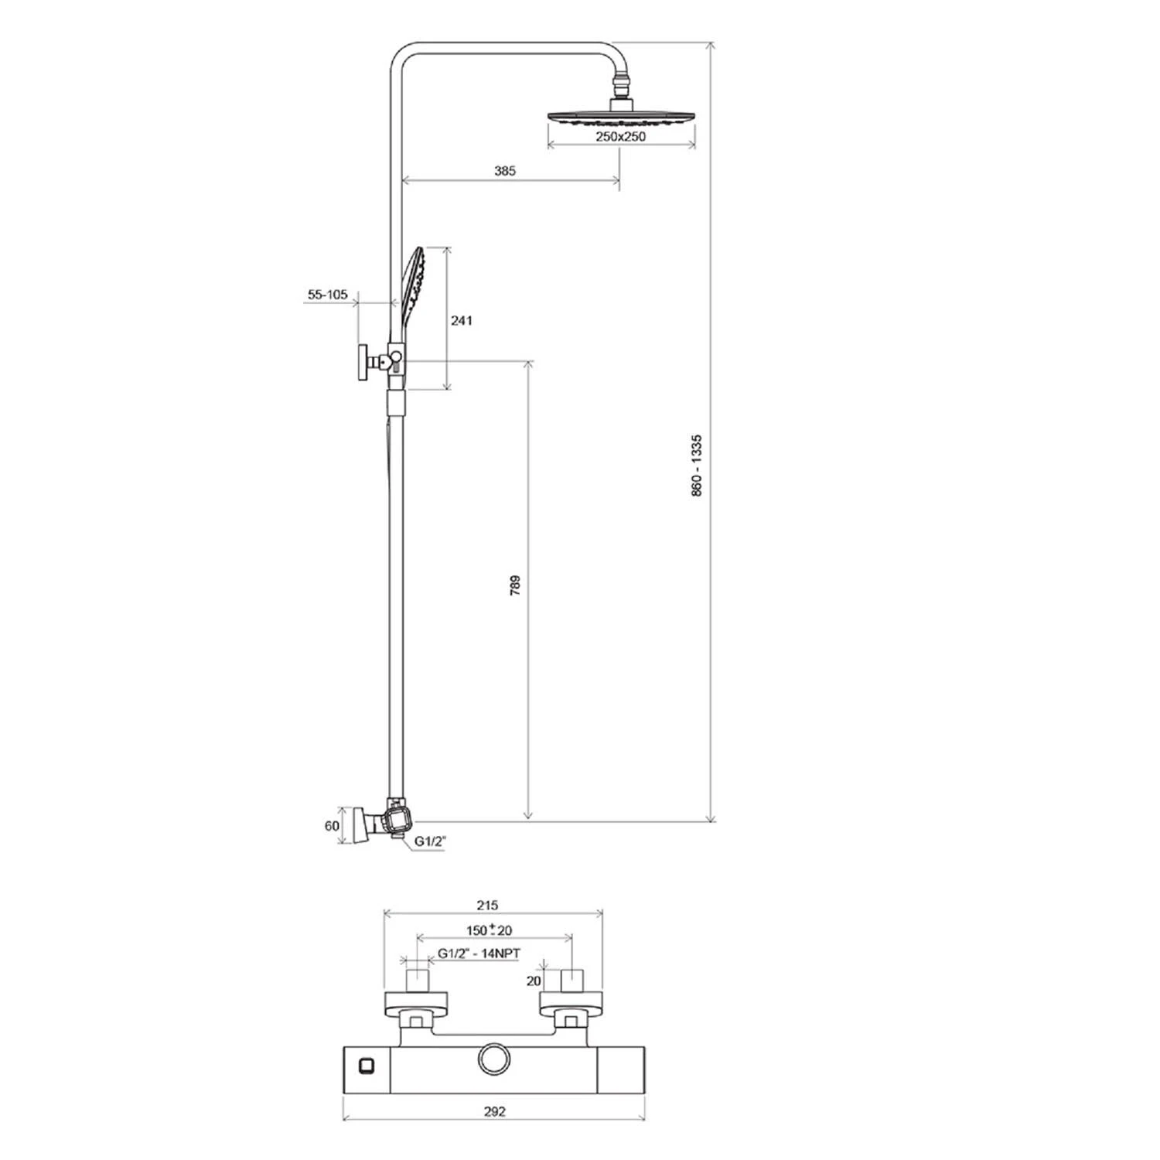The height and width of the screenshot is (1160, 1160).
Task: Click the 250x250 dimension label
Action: click(x=620, y=137)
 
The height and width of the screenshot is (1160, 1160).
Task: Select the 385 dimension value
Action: click(x=505, y=171)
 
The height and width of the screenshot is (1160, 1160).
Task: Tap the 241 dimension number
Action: click(x=462, y=320)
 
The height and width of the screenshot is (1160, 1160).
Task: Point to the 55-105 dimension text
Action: click(x=328, y=295)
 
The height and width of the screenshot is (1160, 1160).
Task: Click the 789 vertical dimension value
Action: click(x=516, y=584)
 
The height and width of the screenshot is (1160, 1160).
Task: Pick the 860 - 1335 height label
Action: click(x=697, y=465)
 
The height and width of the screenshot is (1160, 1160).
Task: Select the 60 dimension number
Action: click(x=332, y=826)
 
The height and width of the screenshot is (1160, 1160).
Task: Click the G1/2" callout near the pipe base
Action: click(x=431, y=841)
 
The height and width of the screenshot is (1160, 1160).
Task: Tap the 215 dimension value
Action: click(x=487, y=905)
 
